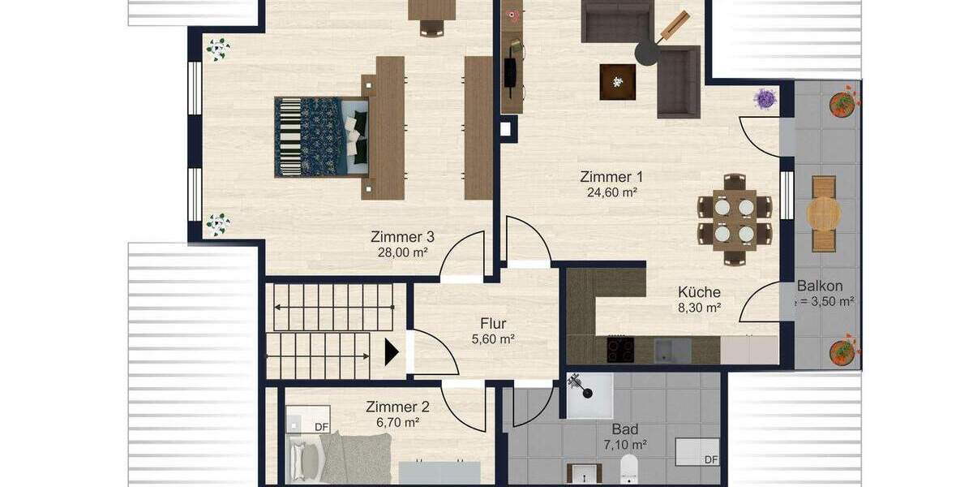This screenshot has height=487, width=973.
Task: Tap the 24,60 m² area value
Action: pyautogui.click(x=611, y=192)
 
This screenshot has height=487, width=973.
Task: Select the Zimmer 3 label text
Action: pyautogui.click(x=402, y=237)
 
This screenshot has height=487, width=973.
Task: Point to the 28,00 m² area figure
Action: pyautogui.click(x=402, y=252)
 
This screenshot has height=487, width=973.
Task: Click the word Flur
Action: pyautogui.click(x=493, y=324)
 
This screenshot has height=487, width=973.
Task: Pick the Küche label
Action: pyautogui.click(x=699, y=292)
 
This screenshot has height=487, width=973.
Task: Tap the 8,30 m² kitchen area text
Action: pyautogui.click(x=699, y=308)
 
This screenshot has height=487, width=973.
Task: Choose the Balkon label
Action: pyautogui.click(x=820, y=286)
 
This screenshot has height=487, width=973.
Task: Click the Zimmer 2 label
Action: pyautogui.click(x=397, y=407)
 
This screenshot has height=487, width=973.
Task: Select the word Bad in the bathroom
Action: pyautogui.click(x=625, y=429)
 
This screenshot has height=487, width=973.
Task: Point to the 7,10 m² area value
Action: pyautogui.click(x=625, y=445)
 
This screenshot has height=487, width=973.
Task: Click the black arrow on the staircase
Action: pyautogui.click(x=392, y=352)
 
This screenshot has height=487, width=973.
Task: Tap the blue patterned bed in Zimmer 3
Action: pyautogui.click(x=321, y=136)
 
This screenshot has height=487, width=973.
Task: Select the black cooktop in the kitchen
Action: pyautogui.click(x=621, y=350)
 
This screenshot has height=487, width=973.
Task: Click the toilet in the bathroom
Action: pyautogui.click(x=630, y=470)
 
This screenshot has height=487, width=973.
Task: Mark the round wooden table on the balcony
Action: pyautogui.click(x=824, y=213)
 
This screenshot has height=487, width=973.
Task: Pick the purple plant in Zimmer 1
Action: pyautogui.click(x=765, y=99)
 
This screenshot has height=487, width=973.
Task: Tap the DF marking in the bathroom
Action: pyautogui.click(x=710, y=459)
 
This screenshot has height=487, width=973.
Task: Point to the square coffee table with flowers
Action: pyautogui.click(x=617, y=82)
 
